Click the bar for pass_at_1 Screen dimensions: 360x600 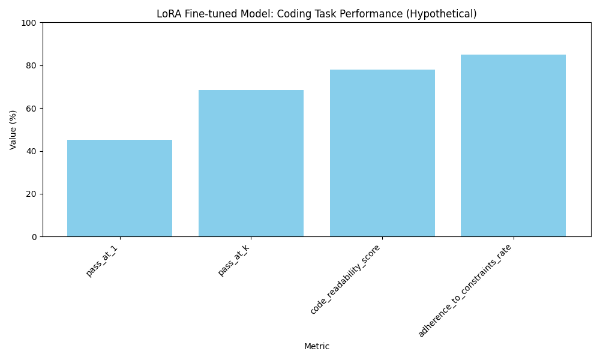pyautogui.click(x=119, y=188)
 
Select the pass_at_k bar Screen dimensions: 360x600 pyautogui.click(x=251, y=163)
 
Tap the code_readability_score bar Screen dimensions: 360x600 pyautogui.click(x=382, y=153)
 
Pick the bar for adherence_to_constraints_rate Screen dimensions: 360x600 pyautogui.click(x=513, y=146)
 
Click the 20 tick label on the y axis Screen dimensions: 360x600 pyautogui.click(x=31, y=194)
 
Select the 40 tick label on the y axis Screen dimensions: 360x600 pyautogui.click(x=31, y=151)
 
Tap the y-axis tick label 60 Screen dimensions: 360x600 pyautogui.click(x=31, y=109)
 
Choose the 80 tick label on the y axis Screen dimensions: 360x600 pyautogui.click(x=31, y=65)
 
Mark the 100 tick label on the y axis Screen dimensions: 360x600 pyautogui.click(x=29, y=23)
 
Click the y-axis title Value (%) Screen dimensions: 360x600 pyautogui.click(x=13, y=130)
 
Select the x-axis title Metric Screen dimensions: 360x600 pyautogui.click(x=317, y=347)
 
